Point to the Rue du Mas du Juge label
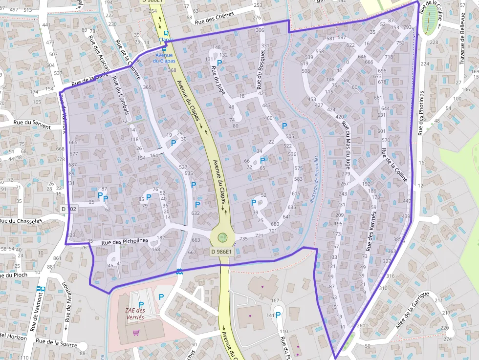tap(347, 144)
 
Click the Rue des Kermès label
tap(371, 233)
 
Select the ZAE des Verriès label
tap(135, 314)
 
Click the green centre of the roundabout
tap(222, 238)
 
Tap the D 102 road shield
tap(69, 209)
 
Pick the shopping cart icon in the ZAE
tap(136, 333)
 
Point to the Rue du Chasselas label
tap(21, 221)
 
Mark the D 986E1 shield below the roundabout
tap(222, 252)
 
